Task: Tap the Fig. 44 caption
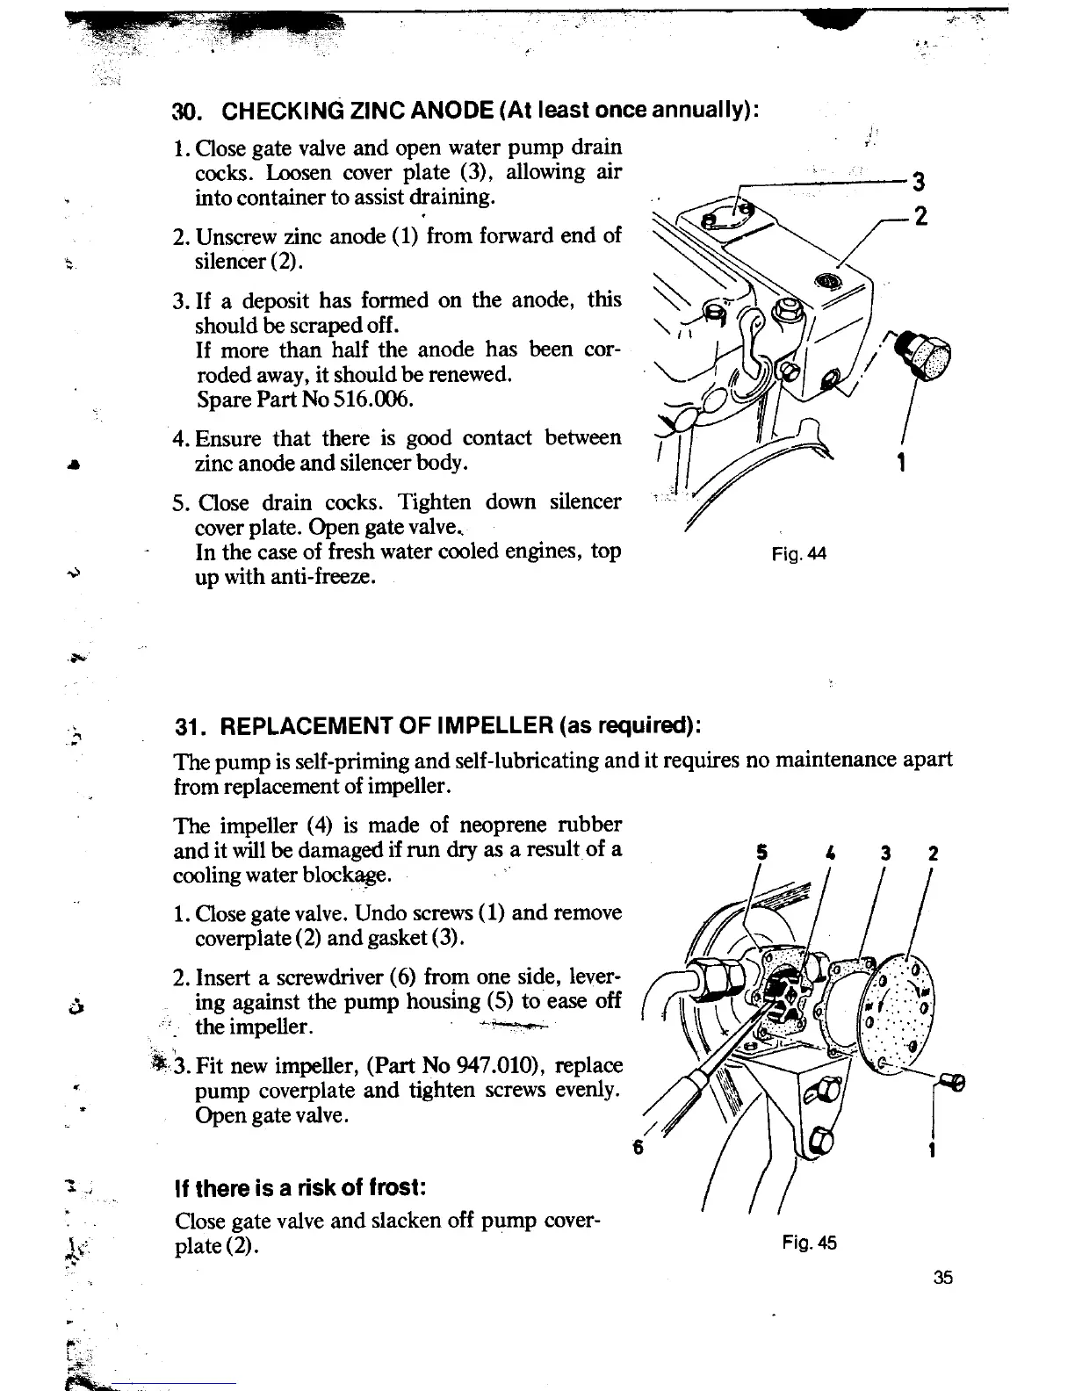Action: (x=798, y=553)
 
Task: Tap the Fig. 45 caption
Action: (x=809, y=1243)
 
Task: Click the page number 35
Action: (x=942, y=1278)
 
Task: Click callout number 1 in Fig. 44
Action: (x=901, y=462)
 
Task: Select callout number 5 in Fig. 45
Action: (x=761, y=853)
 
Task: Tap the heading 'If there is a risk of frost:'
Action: (x=302, y=1188)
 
